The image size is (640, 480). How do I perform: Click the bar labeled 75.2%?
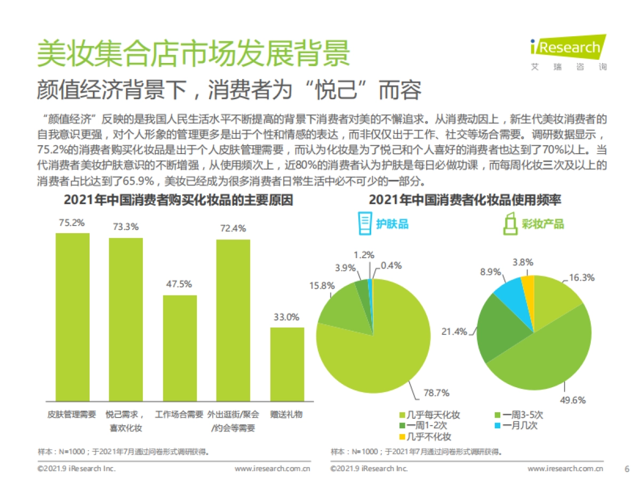click(x=73, y=317)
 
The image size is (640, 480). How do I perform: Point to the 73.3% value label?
click(x=126, y=227)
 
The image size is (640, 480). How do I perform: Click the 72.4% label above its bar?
click(x=233, y=228)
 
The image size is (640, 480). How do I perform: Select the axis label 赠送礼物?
click(x=286, y=414)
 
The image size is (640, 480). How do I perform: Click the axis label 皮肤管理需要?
click(x=72, y=414)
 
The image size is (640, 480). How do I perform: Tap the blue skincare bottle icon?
click(x=364, y=223)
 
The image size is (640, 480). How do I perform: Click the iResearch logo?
click(x=569, y=48)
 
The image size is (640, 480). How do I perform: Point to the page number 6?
click(x=627, y=469)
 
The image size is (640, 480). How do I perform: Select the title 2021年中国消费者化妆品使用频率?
click(x=465, y=200)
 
